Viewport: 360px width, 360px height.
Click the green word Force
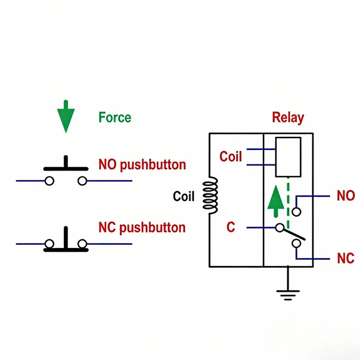pyautogui.click(x=115, y=118)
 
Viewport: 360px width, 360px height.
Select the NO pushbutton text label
pyautogui.click(x=142, y=165)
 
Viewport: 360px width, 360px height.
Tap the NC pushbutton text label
pyautogui.click(x=142, y=228)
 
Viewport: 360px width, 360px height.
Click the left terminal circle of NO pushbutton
pyautogui.click(x=49, y=181)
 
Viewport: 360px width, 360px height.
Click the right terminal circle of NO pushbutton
pyautogui.click(x=82, y=181)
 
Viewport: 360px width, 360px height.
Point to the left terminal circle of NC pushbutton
pyautogui.click(x=49, y=244)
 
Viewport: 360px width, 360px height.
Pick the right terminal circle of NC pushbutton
pyautogui.click(x=82, y=244)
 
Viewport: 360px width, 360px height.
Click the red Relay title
pyautogui.click(x=288, y=118)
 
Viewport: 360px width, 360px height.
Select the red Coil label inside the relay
pyautogui.click(x=230, y=157)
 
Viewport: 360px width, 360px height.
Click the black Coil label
pyautogui.click(x=184, y=197)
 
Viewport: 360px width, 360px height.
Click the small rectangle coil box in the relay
pyautogui.click(x=288, y=157)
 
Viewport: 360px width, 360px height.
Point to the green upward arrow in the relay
pyautogui.click(x=275, y=200)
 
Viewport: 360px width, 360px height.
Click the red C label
pyautogui.click(x=230, y=228)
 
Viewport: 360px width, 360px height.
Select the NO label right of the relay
pyautogui.click(x=346, y=196)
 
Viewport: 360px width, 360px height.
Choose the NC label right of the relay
pyautogui.click(x=346, y=259)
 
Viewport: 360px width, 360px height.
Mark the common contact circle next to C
pyautogui.click(x=280, y=228)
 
